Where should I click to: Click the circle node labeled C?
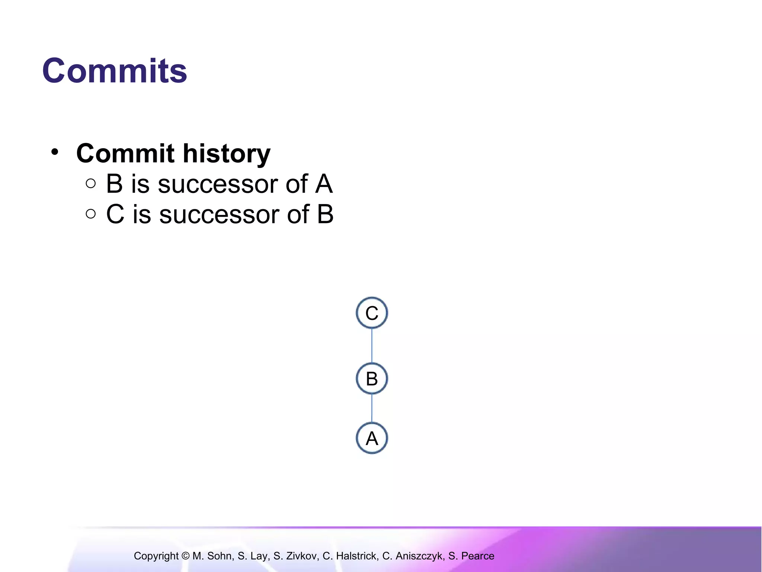point(372,313)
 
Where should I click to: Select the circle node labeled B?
point(372,379)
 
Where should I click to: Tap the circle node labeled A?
point(372,438)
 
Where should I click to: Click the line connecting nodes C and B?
point(372,346)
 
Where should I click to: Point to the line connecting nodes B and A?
point(372,408)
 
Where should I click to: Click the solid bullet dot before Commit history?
point(55,152)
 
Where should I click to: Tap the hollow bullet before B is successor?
point(90,183)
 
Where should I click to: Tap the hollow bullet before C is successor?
point(90,214)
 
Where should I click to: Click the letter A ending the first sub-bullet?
point(323,184)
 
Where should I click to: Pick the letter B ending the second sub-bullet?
point(325,214)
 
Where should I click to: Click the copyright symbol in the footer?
point(185,556)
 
